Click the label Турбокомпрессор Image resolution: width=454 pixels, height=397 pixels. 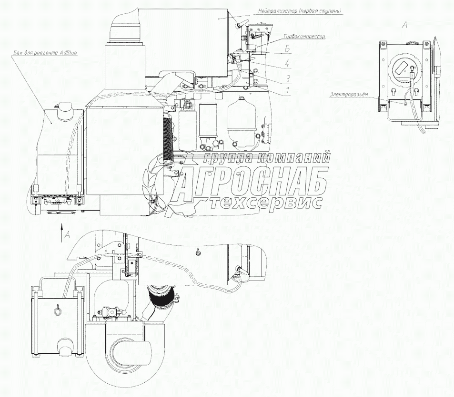(304, 36)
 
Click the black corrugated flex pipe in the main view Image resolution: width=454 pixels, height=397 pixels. (167, 141)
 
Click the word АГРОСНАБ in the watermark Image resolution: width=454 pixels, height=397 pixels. (252, 181)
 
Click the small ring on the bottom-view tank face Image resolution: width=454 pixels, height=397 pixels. (58, 311)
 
